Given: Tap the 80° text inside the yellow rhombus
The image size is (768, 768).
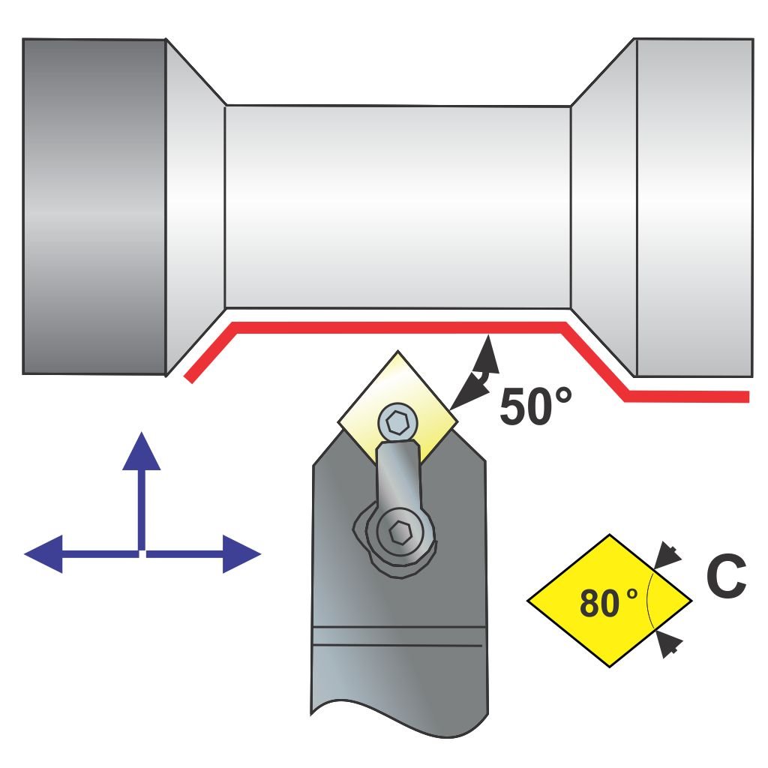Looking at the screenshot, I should coord(607,603).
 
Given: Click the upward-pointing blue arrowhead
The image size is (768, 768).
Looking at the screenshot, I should coord(141,451).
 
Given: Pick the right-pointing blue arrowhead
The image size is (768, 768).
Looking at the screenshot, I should coord(241,554).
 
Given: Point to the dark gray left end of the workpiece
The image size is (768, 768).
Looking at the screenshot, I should coord(94,206).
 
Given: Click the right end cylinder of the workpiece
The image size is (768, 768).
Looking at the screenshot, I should coord(694,206).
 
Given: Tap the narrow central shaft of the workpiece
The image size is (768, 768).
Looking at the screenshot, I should coord(397,206).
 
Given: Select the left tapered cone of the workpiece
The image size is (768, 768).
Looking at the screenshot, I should coord(193,206).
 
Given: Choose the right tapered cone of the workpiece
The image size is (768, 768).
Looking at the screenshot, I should coord(604,206).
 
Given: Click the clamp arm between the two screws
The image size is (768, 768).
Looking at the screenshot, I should coord(397,476).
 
